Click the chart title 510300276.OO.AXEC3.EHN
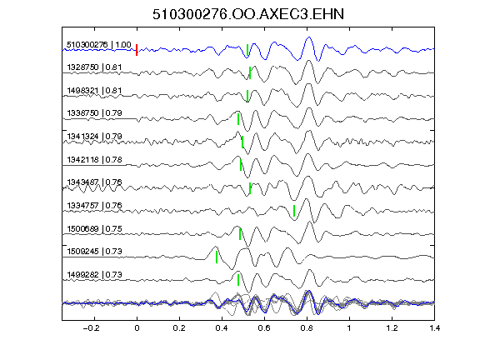pos(248,14)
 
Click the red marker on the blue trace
pos(137,50)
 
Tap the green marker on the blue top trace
pos(247,50)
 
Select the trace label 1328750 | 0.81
pos(94,67)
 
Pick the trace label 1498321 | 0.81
pos(94,91)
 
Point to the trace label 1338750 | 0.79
pos(94,113)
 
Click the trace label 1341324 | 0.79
pos(94,136)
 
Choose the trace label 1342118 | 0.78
pos(94,159)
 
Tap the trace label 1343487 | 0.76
pos(94,182)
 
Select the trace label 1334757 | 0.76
pos(94,205)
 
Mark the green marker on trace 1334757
pos(294,211)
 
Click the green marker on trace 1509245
pos(217,257)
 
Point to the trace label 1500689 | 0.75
pos(94,228)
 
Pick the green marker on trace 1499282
pos(238,280)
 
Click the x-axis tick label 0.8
pos(307,328)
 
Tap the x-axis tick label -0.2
pos(91,328)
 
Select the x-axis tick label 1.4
pos(435,328)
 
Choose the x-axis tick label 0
pos(137,328)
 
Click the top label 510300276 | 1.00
pos(99,45)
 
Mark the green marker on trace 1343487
pos(250,188)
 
